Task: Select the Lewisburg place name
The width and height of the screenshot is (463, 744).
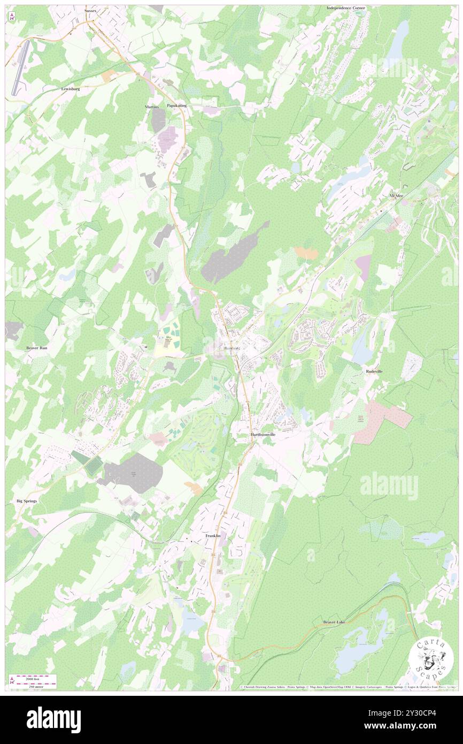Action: click(x=70, y=88)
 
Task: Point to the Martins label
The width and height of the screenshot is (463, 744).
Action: click(x=152, y=107)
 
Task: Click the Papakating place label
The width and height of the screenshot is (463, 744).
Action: click(x=176, y=105)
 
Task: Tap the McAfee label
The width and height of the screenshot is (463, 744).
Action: click(x=396, y=196)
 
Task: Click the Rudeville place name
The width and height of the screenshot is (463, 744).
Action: click(x=374, y=371)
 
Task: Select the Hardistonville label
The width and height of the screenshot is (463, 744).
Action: click(x=263, y=435)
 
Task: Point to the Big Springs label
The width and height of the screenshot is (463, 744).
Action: click(x=27, y=500)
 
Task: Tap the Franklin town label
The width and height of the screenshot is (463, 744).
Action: click(x=213, y=536)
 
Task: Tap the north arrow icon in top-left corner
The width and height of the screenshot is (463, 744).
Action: click(x=11, y=17)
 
